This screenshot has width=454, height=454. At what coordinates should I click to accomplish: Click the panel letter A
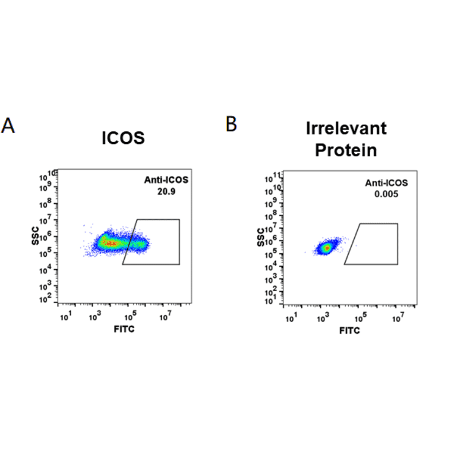pos(8,126)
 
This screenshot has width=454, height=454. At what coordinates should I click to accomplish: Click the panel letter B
pos(231,124)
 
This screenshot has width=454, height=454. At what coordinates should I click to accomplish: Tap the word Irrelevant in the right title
pos(346,128)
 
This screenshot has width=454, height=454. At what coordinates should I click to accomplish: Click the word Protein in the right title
pos(346,150)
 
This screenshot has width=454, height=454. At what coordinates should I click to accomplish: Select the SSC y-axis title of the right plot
pos(260,239)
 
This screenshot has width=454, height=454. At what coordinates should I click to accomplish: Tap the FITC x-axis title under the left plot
pos(124,329)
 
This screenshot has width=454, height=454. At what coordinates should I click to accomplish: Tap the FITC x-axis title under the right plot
pos(349,330)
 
